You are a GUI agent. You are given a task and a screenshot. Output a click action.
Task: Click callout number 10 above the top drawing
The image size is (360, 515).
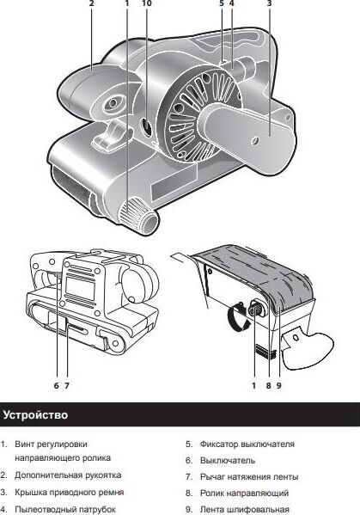[147, 3]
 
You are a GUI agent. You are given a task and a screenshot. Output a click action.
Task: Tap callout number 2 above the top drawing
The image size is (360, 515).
[92, 3]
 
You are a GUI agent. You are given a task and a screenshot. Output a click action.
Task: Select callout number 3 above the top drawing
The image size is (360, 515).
[269, 3]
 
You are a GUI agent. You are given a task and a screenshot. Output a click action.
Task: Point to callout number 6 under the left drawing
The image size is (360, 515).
[57, 385]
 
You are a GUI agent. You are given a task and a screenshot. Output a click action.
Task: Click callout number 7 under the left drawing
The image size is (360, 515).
[67, 385]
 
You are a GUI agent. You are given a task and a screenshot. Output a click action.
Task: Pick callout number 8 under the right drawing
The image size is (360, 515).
[268, 385]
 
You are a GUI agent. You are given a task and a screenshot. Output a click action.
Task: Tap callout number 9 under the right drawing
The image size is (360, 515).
[278, 385]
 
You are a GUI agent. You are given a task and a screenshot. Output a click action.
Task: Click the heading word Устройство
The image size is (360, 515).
[35, 414]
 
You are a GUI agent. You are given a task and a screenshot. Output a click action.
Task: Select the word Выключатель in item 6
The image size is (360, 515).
[228, 461]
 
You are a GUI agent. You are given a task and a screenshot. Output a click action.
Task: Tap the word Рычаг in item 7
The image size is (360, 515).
[212, 476]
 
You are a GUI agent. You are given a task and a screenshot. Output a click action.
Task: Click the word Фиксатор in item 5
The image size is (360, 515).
[219, 444]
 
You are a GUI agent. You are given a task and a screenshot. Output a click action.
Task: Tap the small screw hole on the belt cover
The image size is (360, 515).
[254, 141]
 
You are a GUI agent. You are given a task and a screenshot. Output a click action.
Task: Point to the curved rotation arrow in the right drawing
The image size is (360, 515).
[238, 316]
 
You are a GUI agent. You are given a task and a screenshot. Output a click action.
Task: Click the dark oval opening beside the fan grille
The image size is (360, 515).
[146, 126]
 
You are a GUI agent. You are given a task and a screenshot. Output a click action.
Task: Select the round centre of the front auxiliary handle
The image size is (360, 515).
[113, 103]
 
